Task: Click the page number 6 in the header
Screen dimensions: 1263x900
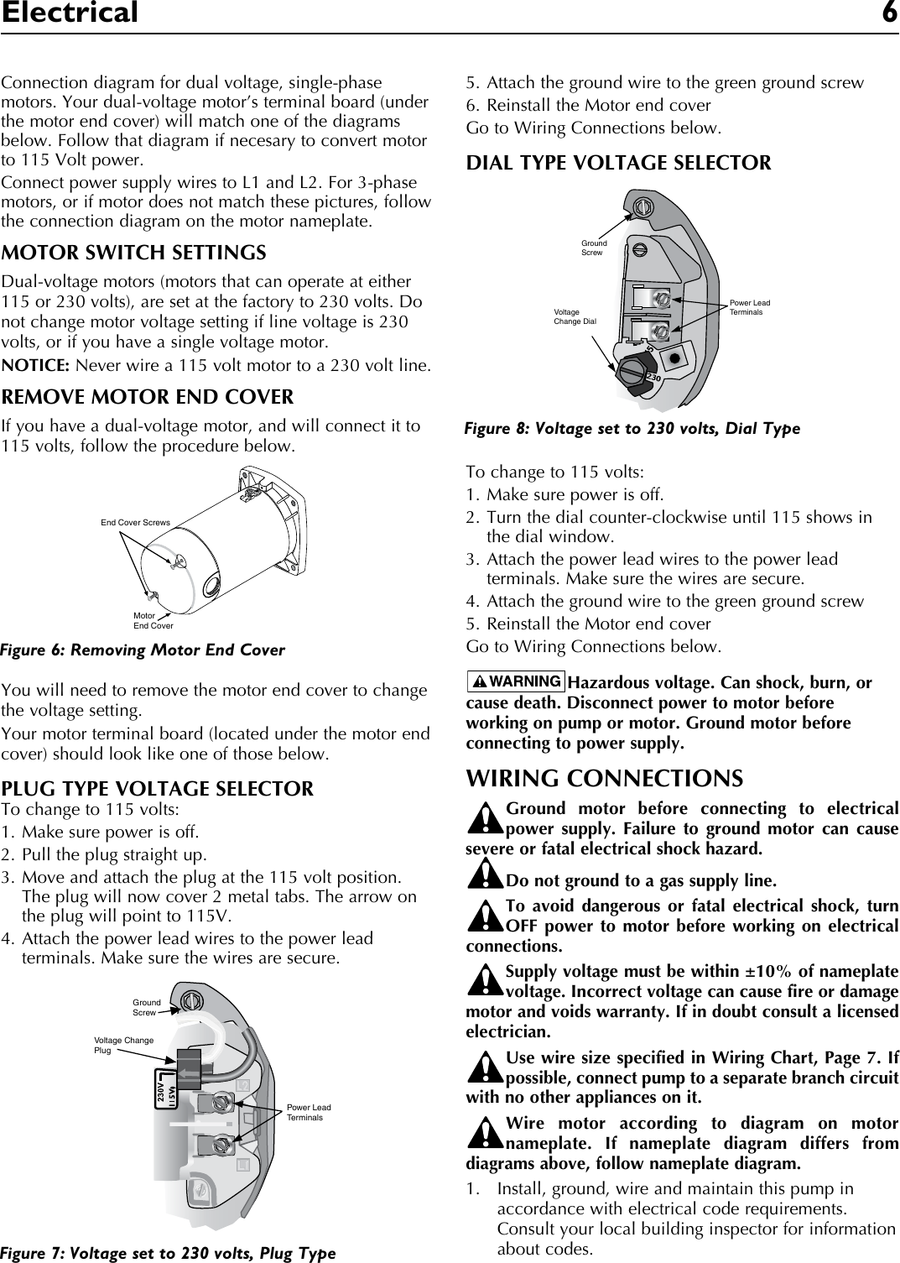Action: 888,13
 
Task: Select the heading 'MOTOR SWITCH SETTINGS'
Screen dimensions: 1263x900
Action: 134,253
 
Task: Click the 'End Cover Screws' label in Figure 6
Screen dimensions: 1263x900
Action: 135,523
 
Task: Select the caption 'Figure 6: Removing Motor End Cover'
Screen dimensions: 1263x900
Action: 143,650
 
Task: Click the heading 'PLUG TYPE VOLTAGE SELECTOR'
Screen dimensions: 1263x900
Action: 159,789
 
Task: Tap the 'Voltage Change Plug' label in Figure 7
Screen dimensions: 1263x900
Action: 123,1045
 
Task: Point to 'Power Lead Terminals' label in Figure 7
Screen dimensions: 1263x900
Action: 309,1113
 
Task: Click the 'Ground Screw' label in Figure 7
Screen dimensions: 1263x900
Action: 146,1007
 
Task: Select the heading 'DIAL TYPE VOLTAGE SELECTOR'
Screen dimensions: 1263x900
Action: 618,163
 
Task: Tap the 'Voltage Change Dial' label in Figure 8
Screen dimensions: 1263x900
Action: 575,316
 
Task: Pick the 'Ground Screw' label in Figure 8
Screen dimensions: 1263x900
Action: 594,248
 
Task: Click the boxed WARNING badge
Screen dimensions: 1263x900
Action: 515,681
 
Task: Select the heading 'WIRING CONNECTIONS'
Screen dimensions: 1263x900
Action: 604,778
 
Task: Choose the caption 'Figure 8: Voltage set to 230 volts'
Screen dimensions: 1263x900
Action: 632,429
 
